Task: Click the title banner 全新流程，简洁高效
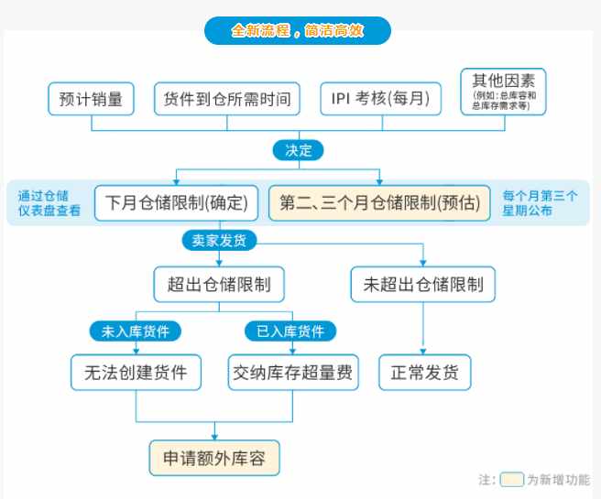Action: pyautogui.click(x=298, y=30)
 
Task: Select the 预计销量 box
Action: pyautogui.click(x=91, y=99)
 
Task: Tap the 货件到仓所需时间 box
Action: pyautogui.click(x=227, y=99)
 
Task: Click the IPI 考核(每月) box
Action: pyautogui.click(x=380, y=99)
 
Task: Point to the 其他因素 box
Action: pyautogui.click(x=503, y=92)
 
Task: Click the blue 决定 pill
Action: pyautogui.click(x=298, y=150)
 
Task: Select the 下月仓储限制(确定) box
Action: pyautogui.click(x=176, y=203)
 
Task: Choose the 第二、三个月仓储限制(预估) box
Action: pyautogui.click(x=379, y=203)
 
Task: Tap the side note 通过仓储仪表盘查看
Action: pyautogui.click(x=49, y=203)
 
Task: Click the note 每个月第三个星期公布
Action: pyautogui.click(x=540, y=203)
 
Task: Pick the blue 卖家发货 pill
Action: pyautogui.click(x=219, y=241)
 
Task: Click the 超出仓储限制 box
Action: pyautogui.click(x=219, y=285)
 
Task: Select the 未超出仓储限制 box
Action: pyautogui.click(x=423, y=285)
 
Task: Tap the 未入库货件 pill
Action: pyautogui.click(x=136, y=331)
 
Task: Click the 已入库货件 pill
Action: pyautogui.click(x=290, y=331)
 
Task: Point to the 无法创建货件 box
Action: pyautogui.click(x=137, y=373)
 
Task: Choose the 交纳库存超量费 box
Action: pyautogui.click(x=293, y=373)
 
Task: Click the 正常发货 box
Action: pyautogui.click(x=425, y=373)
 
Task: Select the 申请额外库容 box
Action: pyautogui.click(x=214, y=458)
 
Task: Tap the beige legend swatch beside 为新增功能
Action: pyautogui.click(x=512, y=480)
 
